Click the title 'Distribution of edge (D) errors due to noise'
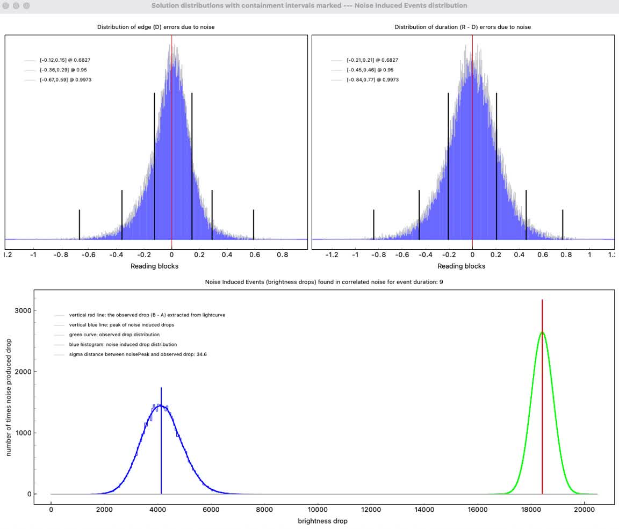[156, 27]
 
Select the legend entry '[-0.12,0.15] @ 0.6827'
[61, 60]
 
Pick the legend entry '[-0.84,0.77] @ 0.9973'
[372, 79]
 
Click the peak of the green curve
[542, 332]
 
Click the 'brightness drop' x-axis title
[322, 521]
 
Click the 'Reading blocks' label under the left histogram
[154, 266]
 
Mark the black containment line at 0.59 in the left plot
[253, 224]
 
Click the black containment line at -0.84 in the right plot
[373, 224]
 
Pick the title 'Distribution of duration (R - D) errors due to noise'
[463, 27]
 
